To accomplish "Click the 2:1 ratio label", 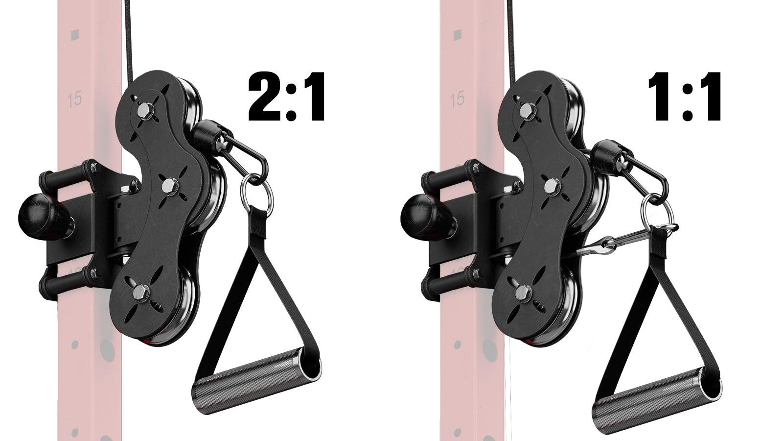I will click(x=286, y=97).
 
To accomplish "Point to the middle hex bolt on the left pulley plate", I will click(x=169, y=186).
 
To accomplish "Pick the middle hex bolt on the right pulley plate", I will click(x=552, y=186).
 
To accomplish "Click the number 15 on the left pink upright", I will click(x=75, y=100).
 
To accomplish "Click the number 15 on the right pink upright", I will click(x=458, y=100).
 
